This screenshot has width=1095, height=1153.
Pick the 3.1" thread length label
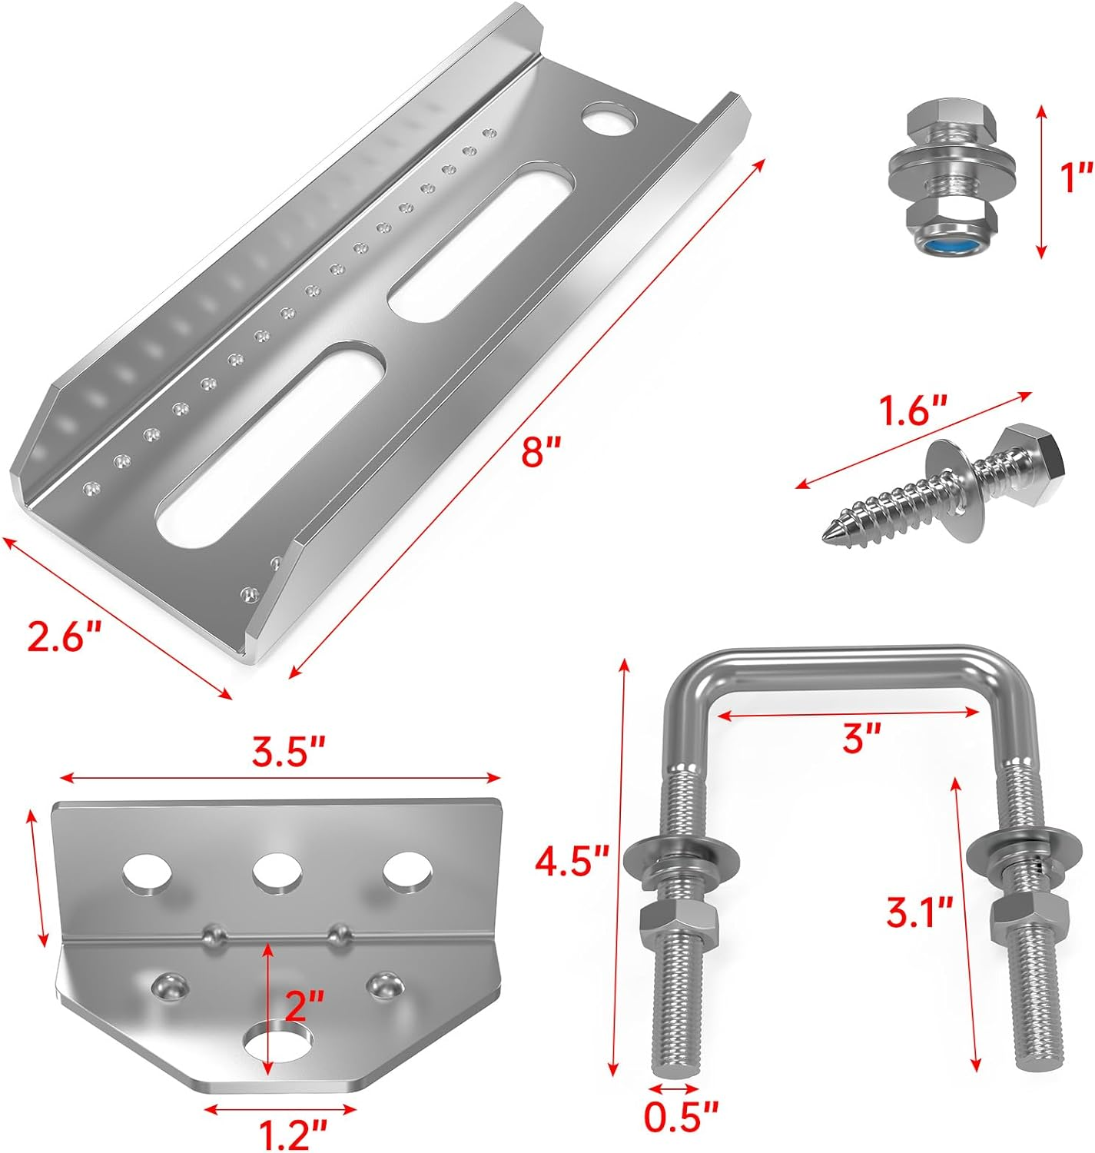(919, 913)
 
